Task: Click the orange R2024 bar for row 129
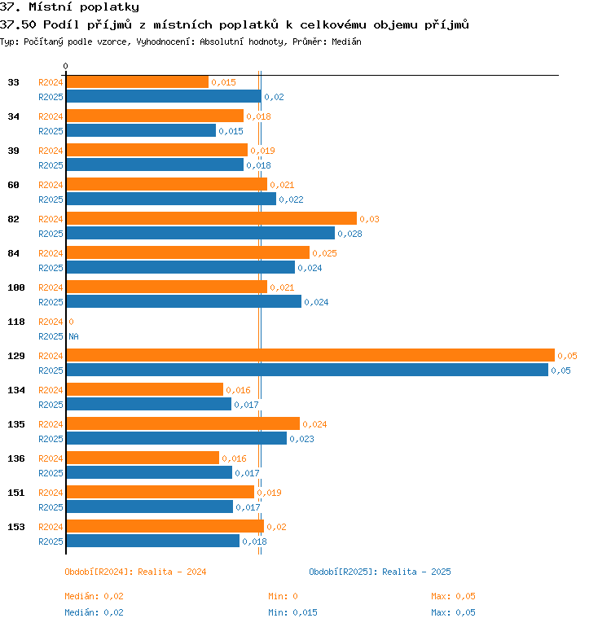click(x=310, y=355)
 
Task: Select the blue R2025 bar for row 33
click(x=164, y=96)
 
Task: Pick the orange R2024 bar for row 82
click(x=212, y=218)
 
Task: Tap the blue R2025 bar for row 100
click(x=184, y=301)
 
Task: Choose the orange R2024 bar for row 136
click(x=143, y=458)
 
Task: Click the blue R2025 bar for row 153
click(x=153, y=541)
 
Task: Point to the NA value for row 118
click(x=73, y=336)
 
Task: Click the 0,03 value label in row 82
click(x=369, y=219)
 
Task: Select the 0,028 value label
click(x=349, y=234)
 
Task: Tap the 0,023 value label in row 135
click(x=301, y=439)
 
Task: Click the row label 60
click(x=13, y=185)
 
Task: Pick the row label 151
click(x=16, y=493)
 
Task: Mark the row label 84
click(x=13, y=253)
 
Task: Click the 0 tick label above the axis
click(x=66, y=66)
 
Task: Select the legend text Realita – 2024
click(x=172, y=572)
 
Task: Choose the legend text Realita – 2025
click(x=416, y=572)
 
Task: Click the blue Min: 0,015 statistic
click(x=292, y=612)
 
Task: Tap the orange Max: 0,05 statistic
click(x=453, y=596)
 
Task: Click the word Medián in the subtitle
click(x=346, y=42)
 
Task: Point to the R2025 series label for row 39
click(x=51, y=165)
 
